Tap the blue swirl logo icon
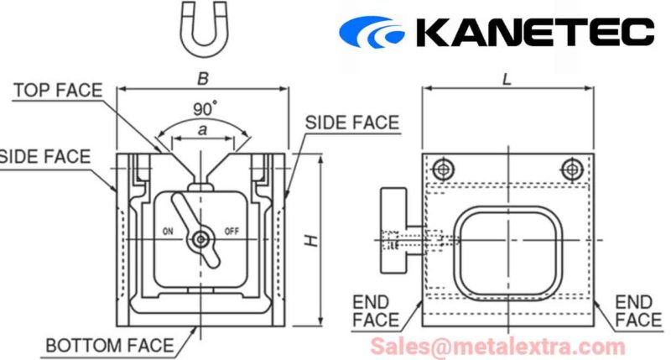pyautogui.click(x=372, y=32)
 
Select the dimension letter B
pyautogui.click(x=203, y=78)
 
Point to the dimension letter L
pyautogui.click(x=507, y=79)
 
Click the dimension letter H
pyautogui.click(x=311, y=240)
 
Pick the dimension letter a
pyautogui.click(x=202, y=129)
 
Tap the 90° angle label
pyautogui.click(x=205, y=109)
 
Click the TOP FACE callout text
pyautogui.click(x=58, y=91)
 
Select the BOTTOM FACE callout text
pyautogui.click(x=110, y=346)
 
